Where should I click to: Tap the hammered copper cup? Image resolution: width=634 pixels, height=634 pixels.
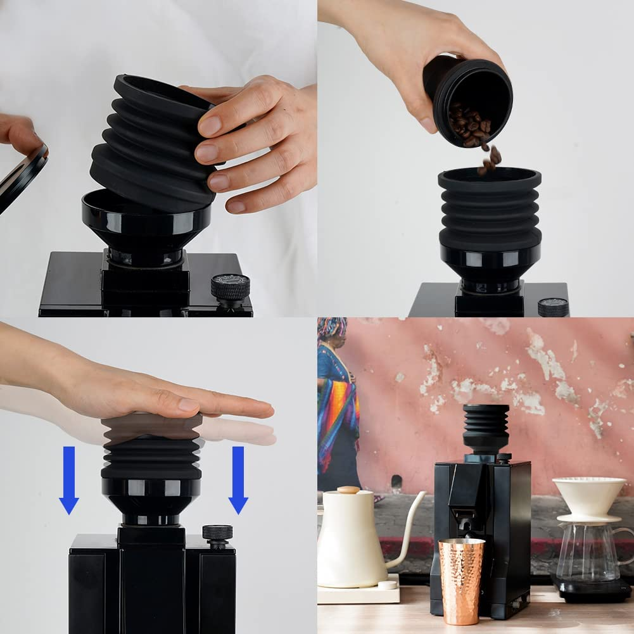pyautogui.click(x=461, y=580)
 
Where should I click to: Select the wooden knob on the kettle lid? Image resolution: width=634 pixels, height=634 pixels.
pyautogui.click(x=348, y=490)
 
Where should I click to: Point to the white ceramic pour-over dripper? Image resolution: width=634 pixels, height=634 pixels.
pyautogui.click(x=588, y=498)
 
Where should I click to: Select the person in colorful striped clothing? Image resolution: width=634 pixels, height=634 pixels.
pyautogui.click(x=337, y=405)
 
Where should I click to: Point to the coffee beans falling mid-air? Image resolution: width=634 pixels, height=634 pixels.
pyautogui.click(x=488, y=158)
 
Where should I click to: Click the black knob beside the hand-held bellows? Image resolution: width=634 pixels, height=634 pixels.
pyautogui.click(x=230, y=288)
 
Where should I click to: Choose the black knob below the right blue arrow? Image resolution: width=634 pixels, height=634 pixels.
pyautogui.click(x=217, y=533)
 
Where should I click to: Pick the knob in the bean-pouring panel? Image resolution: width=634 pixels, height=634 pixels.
pyautogui.click(x=553, y=307)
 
